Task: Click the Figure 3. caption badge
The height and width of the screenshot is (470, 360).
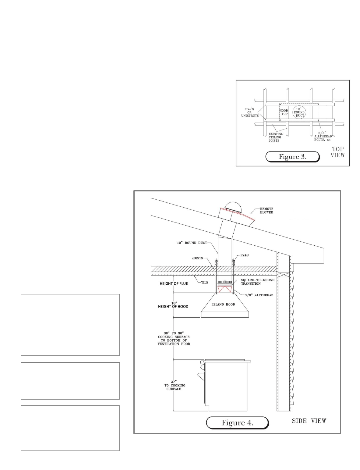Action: tap(292, 157)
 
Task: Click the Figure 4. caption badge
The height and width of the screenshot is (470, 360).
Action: tap(237, 423)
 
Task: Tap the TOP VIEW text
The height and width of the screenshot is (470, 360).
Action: tap(337, 152)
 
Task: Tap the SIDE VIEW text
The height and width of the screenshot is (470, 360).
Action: tap(309, 421)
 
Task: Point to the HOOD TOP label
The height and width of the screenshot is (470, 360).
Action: tap(284, 112)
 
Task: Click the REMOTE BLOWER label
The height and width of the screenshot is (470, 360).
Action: tap(266, 210)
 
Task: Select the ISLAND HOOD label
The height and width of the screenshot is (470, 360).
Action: tap(223, 304)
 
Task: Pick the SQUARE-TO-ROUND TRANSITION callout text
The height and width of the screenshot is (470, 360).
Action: tap(258, 282)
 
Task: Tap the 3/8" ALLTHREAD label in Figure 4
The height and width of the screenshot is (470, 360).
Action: tap(259, 295)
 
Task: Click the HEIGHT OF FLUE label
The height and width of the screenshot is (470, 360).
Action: tap(174, 283)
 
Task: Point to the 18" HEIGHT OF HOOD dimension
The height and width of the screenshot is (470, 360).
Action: tap(173, 304)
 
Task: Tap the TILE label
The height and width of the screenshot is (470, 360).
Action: tap(205, 282)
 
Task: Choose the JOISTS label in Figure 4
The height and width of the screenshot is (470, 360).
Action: tap(197, 258)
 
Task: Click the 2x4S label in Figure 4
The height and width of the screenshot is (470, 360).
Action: tap(244, 255)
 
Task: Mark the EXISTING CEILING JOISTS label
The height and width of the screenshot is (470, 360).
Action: tap(276, 137)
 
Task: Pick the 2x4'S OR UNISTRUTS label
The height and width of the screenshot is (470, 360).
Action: tap(250, 112)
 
